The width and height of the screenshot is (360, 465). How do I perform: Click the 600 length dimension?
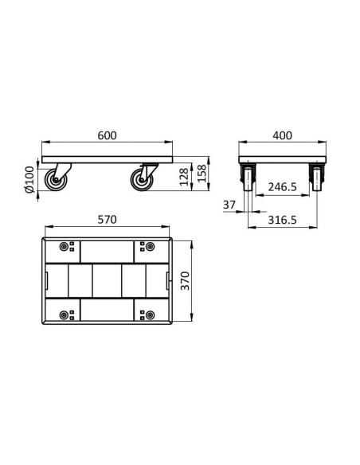[108, 136]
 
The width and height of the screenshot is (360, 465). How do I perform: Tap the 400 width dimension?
[283, 136]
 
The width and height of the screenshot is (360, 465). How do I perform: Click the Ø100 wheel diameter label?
[29, 180]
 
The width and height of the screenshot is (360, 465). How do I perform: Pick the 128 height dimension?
[185, 174]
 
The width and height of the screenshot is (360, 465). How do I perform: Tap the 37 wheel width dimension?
[230, 205]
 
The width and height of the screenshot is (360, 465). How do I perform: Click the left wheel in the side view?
[57, 181]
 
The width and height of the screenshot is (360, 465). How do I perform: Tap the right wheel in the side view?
[143, 181]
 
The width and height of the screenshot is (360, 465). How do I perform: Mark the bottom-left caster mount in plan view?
[66, 312]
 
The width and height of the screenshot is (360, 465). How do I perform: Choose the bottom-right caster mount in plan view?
[147, 312]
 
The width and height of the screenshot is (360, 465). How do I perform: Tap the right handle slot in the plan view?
[167, 280]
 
